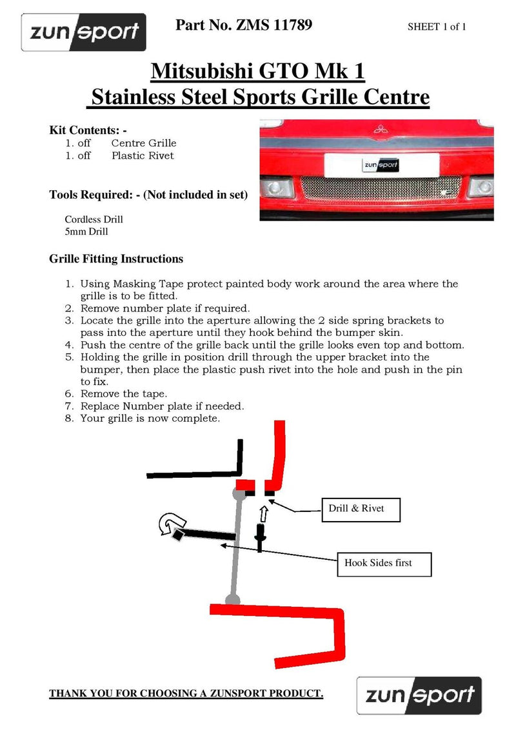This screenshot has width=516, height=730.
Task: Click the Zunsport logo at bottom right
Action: tap(419, 695)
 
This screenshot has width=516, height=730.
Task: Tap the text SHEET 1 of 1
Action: tap(437, 27)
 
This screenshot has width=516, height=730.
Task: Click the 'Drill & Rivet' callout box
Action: tap(360, 509)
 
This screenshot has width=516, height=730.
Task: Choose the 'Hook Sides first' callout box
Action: tap(382, 563)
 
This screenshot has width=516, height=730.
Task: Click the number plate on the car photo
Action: tap(381, 164)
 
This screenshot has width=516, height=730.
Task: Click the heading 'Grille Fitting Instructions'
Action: tap(116, 259)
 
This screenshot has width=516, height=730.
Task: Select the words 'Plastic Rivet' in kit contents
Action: tap(143, 155)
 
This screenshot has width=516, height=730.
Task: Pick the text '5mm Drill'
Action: tap(86, 232)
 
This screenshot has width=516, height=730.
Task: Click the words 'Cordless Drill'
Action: tap(94, 219)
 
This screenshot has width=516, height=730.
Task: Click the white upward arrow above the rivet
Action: tap(263, 514)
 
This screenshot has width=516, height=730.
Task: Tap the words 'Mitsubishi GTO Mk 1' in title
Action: tap(258, 71)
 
